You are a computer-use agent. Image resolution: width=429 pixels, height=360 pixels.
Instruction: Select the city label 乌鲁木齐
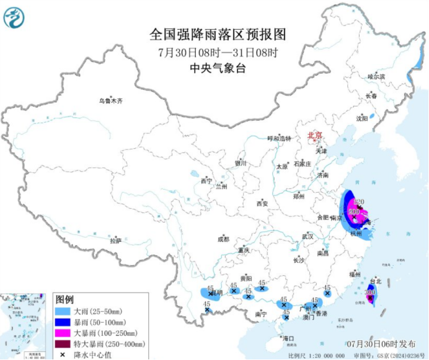point(112,100)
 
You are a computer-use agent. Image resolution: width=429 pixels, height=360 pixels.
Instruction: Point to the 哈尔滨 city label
point(376,76)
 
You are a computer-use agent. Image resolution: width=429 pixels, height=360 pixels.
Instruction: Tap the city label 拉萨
point(116,240)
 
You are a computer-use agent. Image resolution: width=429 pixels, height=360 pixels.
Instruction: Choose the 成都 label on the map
point(223,239)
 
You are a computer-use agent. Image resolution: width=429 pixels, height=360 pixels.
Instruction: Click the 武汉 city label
point(308,236)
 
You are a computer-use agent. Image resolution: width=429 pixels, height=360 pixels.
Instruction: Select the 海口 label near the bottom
point(289,338)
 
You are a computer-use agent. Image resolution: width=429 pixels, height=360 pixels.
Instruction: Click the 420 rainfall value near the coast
point(358,201)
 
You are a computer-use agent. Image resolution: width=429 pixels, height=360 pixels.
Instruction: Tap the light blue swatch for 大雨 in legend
point(62,310)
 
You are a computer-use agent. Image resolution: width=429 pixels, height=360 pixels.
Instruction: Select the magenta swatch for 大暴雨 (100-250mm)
point(62,333)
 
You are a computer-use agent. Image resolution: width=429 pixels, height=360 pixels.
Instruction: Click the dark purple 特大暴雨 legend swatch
point(62,344)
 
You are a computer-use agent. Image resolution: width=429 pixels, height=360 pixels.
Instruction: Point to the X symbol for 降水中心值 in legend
point(62,354)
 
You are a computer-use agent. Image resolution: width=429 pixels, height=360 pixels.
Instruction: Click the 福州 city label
point(355,273)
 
